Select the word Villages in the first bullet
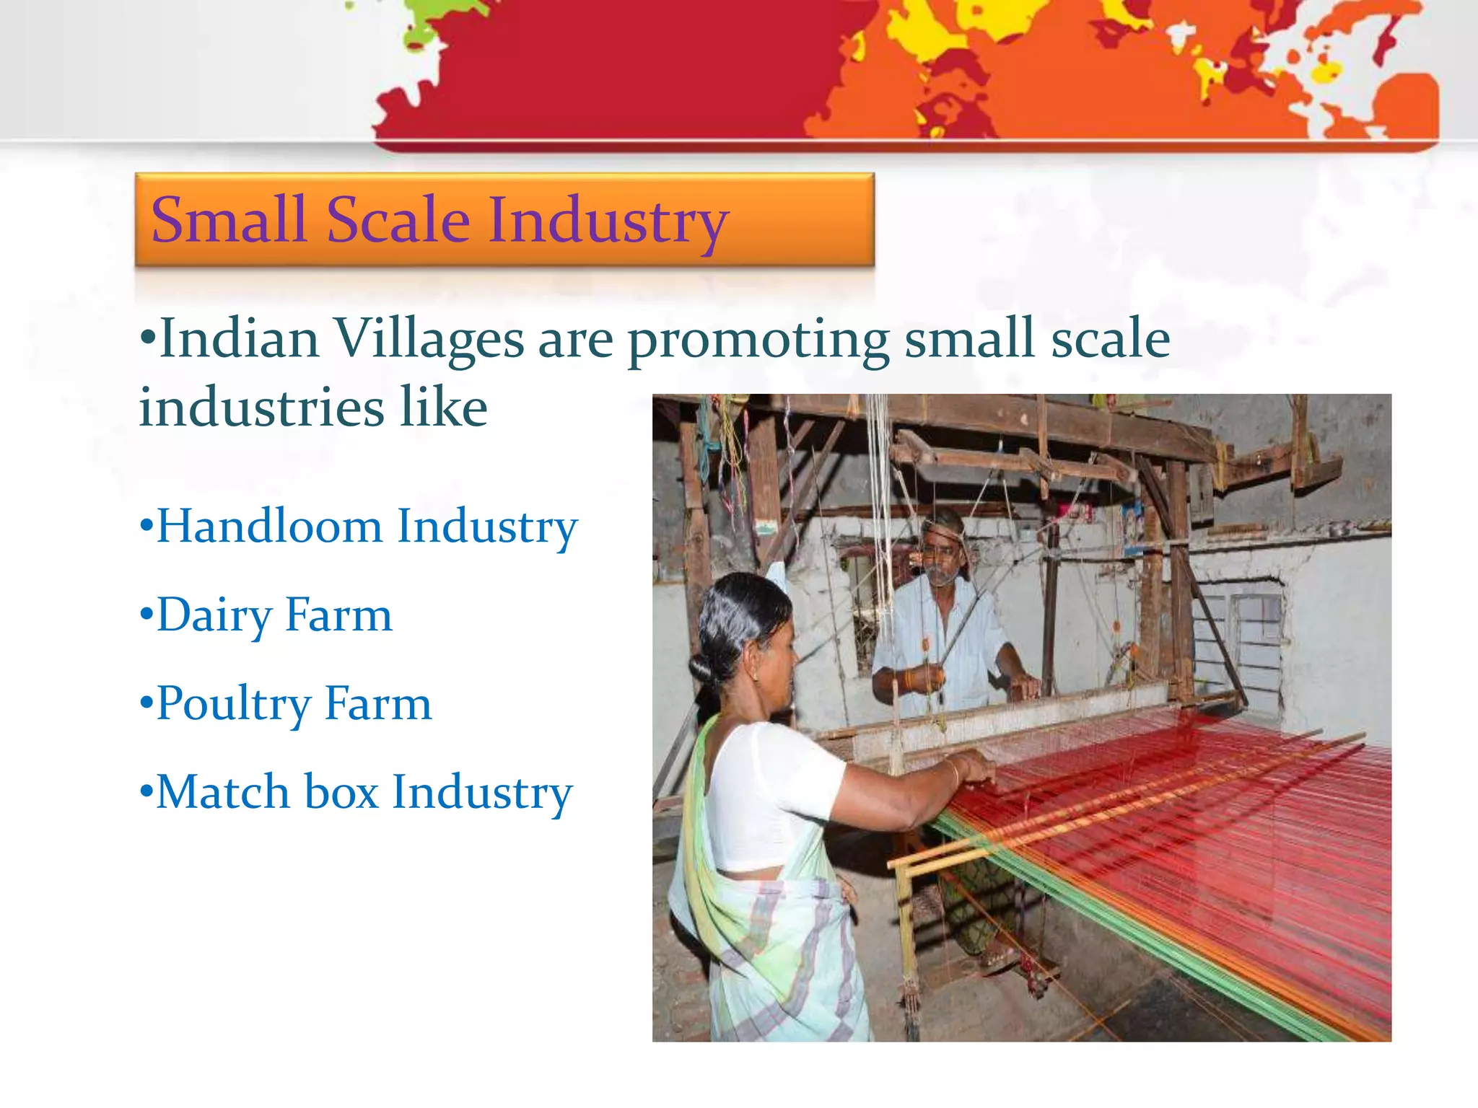[x=429, y=338]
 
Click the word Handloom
[x=269, y=526]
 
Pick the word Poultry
[x=233, y=704]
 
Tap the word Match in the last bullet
[x=223, y=792]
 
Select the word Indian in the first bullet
[x=239, y=338]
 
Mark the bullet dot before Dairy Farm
[x=147, y=616]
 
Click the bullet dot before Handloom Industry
[x=147, y=527]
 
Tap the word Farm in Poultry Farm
[x=378, y=704]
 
